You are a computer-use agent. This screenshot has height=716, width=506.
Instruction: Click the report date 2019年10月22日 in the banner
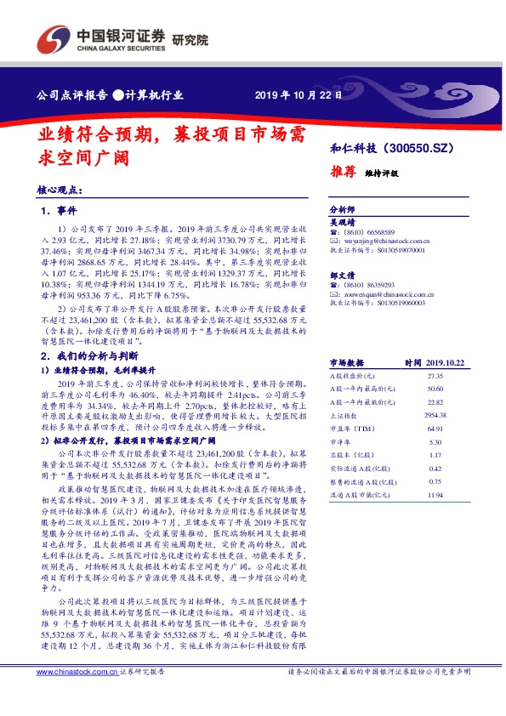click(298, 95)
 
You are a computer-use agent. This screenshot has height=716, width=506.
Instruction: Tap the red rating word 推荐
click(343, 171)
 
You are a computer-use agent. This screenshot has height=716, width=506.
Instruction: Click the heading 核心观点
click(60, 193)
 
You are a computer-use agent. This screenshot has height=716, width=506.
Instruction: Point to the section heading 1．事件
click(59, 210)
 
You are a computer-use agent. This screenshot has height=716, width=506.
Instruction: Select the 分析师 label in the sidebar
click(341, 209)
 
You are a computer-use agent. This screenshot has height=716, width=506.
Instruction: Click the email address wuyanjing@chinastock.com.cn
click(381, 240)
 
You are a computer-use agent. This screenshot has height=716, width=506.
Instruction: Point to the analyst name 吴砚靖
click(342, 220)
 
